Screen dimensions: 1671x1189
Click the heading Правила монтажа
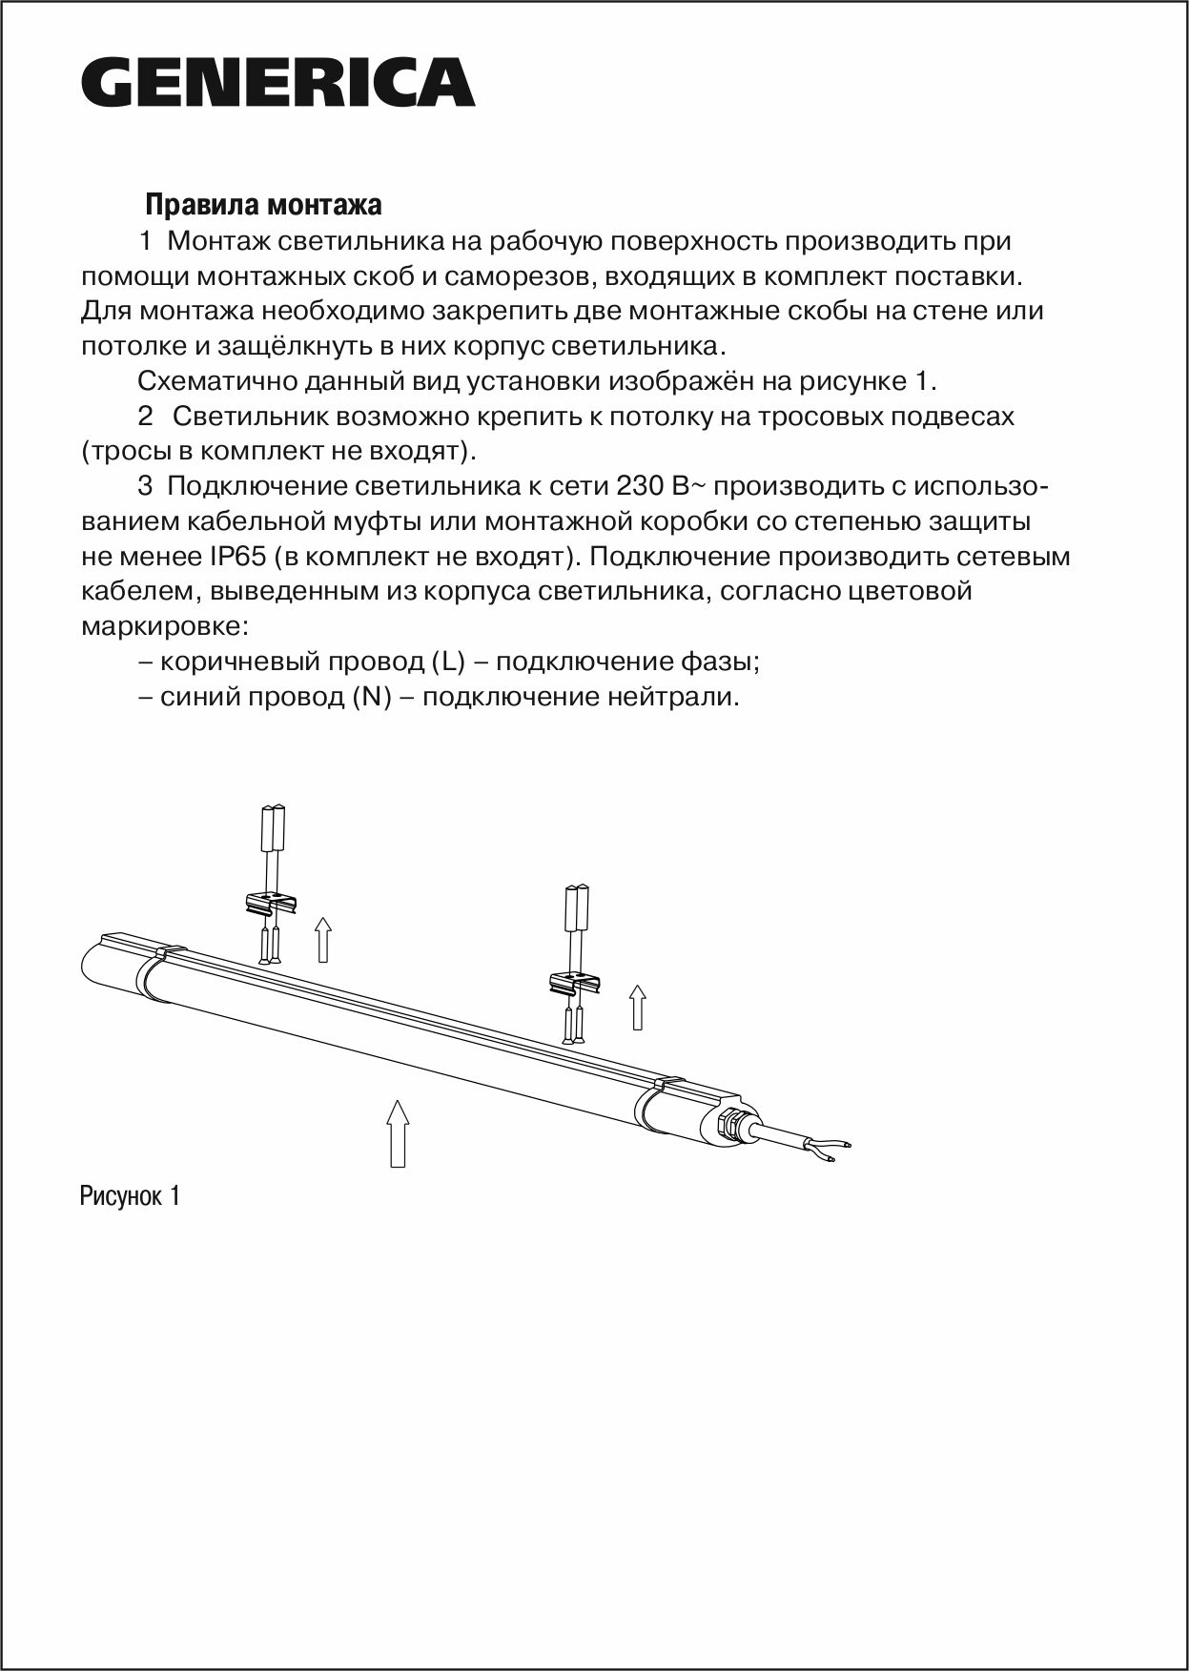click(263, 205)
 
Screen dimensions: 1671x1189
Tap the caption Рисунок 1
click(130, 1196)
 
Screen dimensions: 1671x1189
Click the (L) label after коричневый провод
click(448, 662)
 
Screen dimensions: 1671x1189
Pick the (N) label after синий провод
click(373, 697)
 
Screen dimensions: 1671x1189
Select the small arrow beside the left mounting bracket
click(323, 939)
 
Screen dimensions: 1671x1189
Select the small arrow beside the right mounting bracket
click(638, 1008)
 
